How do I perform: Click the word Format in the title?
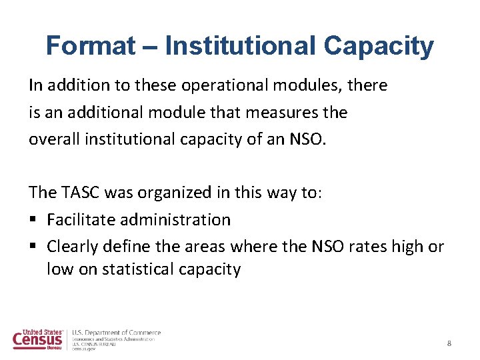coord(90,46)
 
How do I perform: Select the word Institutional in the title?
coord(240,46)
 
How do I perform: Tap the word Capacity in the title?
coord(379,46)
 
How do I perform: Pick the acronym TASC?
coord(81,193)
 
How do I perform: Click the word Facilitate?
coord(80,219)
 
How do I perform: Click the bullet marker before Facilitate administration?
coord(33,220)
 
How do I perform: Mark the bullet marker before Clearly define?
coord(33,247)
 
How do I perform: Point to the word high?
coord(409,247)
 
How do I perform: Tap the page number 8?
coord(449,343)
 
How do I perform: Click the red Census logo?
coord(38,339)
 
